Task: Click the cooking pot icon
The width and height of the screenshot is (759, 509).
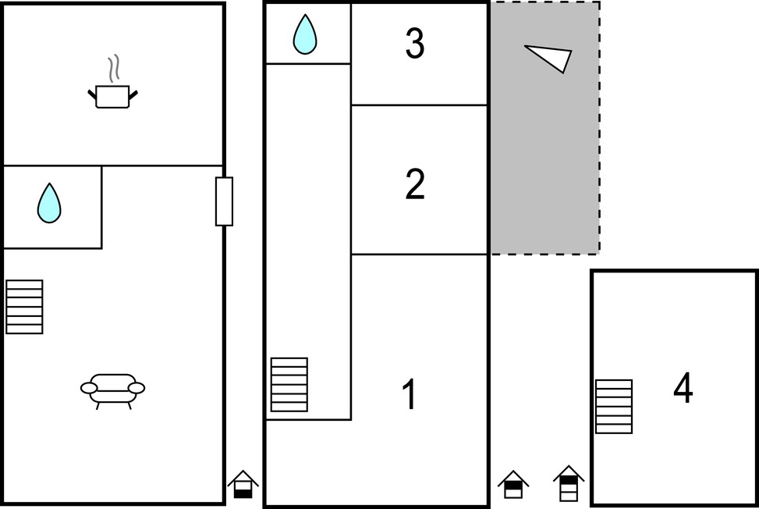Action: (x=112, y=96)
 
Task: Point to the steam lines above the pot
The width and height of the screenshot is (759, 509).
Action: (x=113, y=68)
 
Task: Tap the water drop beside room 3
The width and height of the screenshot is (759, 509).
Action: (x=305, y=34)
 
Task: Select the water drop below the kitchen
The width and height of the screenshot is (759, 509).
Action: (x=49, y=203)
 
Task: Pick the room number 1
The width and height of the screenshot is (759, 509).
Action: (x=410, y=394)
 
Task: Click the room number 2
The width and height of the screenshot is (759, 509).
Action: (x=415, y=184)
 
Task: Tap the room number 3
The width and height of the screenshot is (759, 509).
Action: (x=415, y=44)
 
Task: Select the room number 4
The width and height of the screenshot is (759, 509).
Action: (x=683, y=387)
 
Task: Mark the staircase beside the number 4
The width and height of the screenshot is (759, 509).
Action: (x=614, y=406)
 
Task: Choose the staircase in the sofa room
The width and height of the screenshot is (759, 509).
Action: (x=24, y=307)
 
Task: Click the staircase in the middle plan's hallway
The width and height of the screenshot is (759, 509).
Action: (x=289, y=385)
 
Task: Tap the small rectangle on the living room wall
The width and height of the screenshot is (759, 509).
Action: (x=224, y=201)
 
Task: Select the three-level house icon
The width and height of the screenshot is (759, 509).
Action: (x=569, y=483)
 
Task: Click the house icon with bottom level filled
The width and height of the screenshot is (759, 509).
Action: (x=243, y=484)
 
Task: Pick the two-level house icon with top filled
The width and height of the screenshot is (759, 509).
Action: (x=513, y=484)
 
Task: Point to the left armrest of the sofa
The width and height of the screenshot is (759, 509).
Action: (x=89, y=388)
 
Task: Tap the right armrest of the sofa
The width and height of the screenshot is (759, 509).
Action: (x=136, y=388)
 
